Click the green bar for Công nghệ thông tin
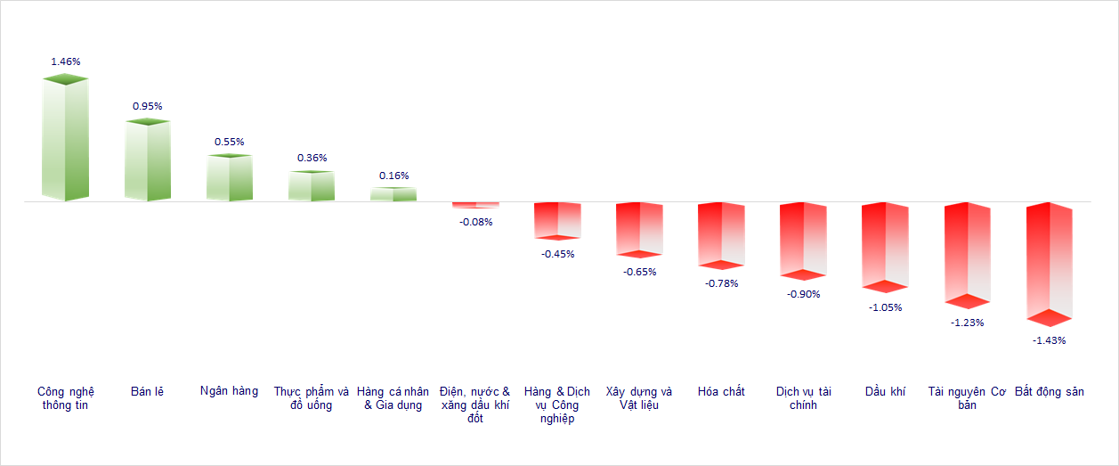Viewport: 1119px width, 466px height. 66,139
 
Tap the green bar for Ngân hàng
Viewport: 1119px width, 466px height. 230,178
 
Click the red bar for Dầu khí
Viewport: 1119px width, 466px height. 885,246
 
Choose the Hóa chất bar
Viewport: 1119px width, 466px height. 721,234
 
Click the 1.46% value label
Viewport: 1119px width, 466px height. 66,61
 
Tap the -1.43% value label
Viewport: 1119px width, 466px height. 1050,340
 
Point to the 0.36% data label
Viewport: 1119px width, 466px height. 312,158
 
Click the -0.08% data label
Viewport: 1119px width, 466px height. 475,222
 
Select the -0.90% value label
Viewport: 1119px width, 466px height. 803,294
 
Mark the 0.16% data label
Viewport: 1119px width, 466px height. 393,176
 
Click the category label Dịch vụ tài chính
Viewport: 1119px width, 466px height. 803,398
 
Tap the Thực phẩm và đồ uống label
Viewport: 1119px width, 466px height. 312,398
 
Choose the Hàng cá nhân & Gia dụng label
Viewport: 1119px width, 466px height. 393,398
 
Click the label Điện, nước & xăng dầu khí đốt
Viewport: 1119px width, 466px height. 475,405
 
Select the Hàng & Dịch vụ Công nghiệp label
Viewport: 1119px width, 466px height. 557,405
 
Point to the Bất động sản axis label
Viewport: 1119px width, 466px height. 1050,392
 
